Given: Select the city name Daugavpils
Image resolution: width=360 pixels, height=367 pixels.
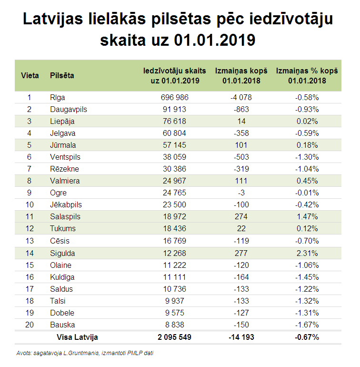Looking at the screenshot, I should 69,109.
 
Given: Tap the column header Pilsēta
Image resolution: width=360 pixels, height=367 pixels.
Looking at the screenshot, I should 62,76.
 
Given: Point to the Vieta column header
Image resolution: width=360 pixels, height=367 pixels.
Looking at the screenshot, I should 30,76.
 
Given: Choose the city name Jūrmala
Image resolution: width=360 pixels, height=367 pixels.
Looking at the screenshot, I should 63,145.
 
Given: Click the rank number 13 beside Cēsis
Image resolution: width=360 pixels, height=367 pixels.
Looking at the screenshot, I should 29,241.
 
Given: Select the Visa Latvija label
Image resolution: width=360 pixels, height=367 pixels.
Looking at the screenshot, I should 77,337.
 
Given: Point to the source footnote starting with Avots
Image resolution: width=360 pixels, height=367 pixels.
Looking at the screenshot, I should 85,353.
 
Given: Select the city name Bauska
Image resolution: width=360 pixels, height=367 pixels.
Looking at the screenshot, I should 63,325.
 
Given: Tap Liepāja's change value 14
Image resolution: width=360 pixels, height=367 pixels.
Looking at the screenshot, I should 241,121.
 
